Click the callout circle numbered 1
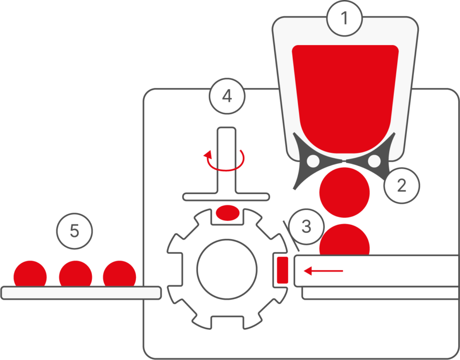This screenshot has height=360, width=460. tap(344, 19)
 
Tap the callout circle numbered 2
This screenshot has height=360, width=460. tap(402, 185)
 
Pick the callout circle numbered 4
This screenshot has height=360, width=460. tap(227, 96)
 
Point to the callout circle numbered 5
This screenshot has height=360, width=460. tap(74, 231)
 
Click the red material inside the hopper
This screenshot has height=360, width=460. tap(345, 91)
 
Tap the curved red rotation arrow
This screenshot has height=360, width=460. tap(225, 161)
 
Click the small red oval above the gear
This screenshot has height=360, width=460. tap(227, 211)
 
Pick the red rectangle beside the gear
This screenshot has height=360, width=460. tap(282, 269)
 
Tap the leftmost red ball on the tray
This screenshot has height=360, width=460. tap(30, 274)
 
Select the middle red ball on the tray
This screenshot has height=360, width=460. tap(75, 274)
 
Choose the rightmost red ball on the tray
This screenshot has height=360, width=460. tap(120, 274)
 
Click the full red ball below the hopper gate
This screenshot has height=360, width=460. tap(345, 192)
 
